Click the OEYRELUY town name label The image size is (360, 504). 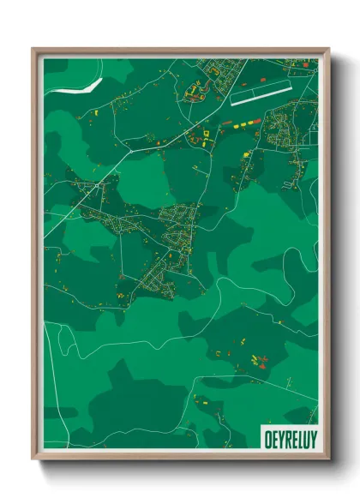click(x=287, y=437)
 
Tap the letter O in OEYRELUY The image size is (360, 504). click(x=264, y=437)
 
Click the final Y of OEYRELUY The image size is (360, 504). click(x=311, y=437)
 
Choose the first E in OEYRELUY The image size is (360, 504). click(x=271, y=437)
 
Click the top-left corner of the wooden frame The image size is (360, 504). click(x=34, y=49)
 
